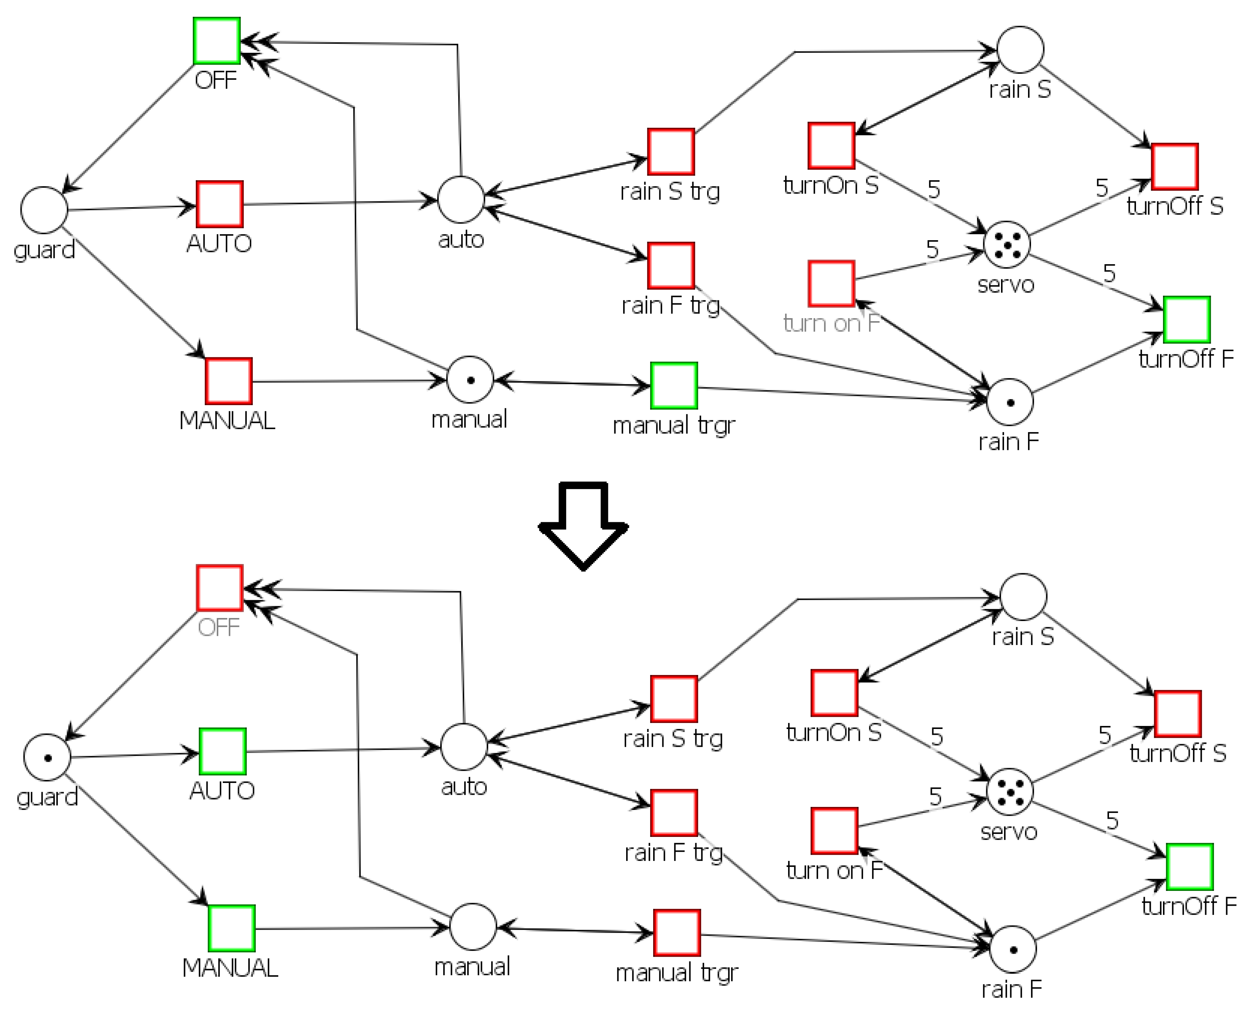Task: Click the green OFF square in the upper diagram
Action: (216, 41)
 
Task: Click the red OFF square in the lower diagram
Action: (220, 588)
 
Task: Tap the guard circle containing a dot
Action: (47, 757)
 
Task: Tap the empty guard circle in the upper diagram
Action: (44, 210)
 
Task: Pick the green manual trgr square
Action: (674, 385)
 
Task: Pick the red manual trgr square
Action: (677, 932)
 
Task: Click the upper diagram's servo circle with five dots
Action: (1006, 244)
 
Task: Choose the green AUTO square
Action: (222, 751)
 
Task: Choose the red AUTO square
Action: (220, 204)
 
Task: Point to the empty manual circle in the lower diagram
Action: (473, 927)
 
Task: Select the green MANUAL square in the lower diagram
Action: (231, 928)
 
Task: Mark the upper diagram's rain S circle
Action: (1020, 49)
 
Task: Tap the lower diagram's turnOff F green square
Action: (1189, 867)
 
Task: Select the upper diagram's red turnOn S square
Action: (831, 146)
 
